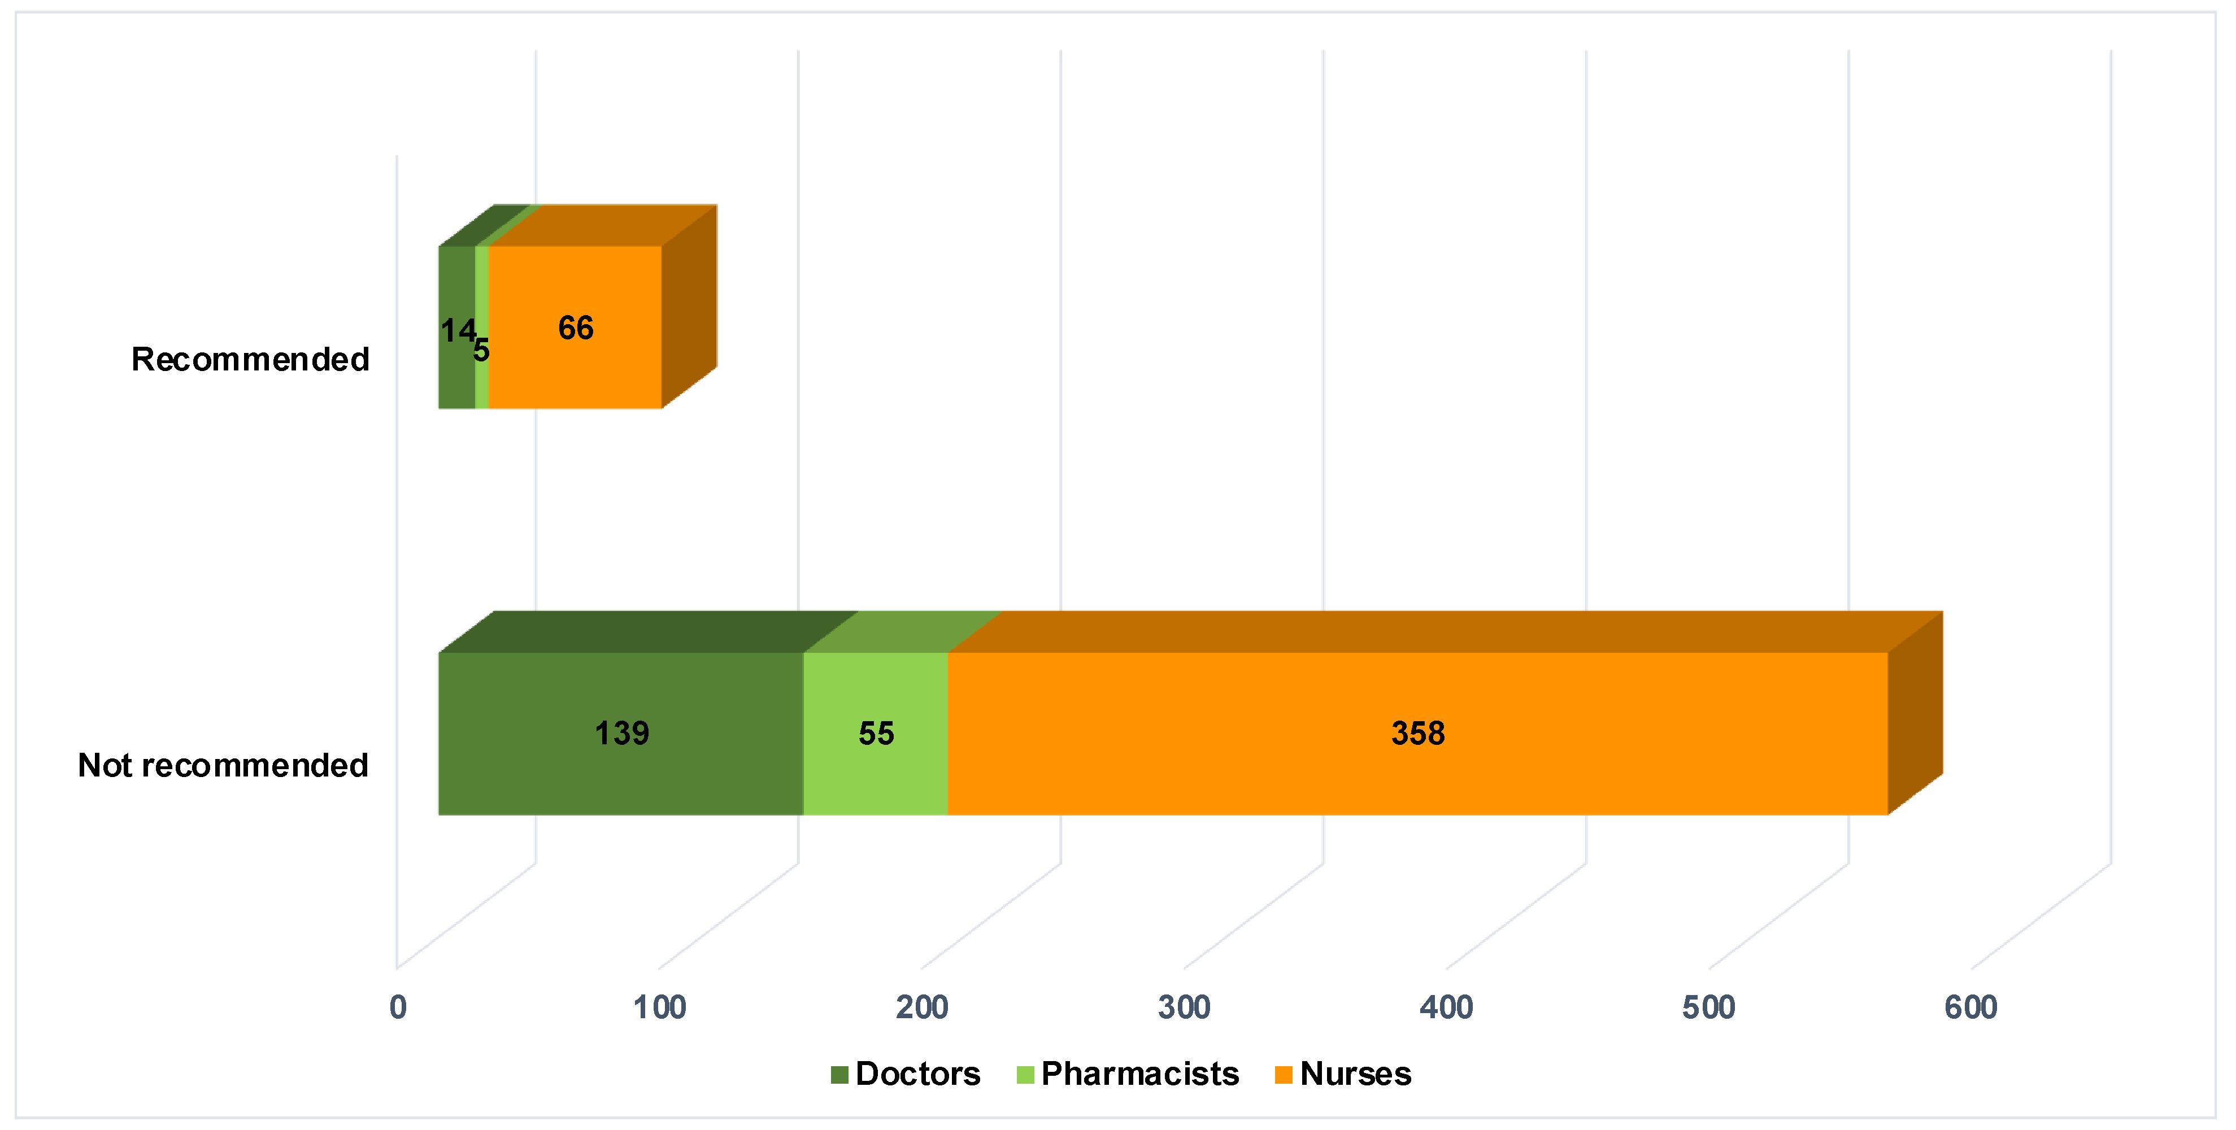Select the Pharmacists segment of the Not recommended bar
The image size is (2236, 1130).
(x=875, y=773)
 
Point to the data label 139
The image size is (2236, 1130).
(x=621, y=734)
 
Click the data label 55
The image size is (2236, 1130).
(x=876, y=734)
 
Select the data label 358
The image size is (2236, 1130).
(x=1417, y=734)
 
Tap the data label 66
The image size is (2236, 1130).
(x=576, y=328)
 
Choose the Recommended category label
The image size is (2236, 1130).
(x=250, y=359)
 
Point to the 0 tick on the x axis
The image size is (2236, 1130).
(x=398, y=1007)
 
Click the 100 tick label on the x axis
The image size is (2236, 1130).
(x=660, y=1007)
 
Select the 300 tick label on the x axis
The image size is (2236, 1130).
(x=1184, y=1007)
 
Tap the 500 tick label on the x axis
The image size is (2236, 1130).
(x=1708, y=1007)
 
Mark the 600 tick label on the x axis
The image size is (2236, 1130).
(x=1970, y=1007)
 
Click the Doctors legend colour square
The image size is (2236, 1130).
(x=838, y=1075)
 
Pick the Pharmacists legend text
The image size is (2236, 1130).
(x=1139, y=1075)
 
